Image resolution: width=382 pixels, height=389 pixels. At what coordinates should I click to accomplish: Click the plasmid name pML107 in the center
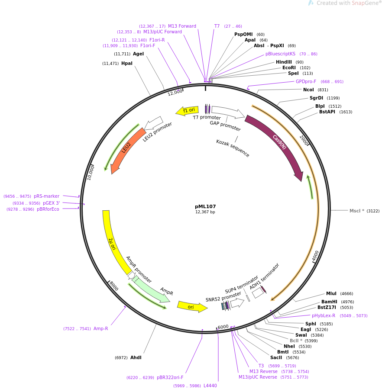pyautogui.click(x=205, y=206)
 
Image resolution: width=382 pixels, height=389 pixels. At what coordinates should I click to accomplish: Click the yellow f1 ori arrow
pyautogui.click(x=188, y=111)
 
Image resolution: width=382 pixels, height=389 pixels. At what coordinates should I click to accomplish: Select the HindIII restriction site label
pyautogui.click(x=284, y=62)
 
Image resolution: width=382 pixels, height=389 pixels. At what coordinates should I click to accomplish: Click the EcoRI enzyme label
pyautogui.click(x=289, y=68)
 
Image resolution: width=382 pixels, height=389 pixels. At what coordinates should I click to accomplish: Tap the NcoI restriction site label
pyautogui.click(x=308, y=90)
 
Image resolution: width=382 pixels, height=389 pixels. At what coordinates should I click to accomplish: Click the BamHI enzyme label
pyautogui.click(x=329, y=302)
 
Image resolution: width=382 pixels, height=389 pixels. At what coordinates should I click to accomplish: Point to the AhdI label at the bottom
pyautogui.click(x=136, y=357)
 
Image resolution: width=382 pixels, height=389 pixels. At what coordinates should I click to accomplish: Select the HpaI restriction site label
pyautogui.click(x=127, y=63)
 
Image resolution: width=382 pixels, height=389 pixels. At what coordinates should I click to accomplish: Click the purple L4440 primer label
pyautogui.click(x=210, y=386)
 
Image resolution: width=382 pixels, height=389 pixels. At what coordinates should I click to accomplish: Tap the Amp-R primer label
pyautogui.click(x=101, y=328)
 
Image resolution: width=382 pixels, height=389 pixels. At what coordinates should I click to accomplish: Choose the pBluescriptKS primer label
pyautogui.click(x=280, y=54)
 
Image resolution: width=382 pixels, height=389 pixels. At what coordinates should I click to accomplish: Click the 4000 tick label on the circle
pyautogui.click(x=315, y=256)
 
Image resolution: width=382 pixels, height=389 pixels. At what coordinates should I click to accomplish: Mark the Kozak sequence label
pyautogui.click(x=233, y=148)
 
